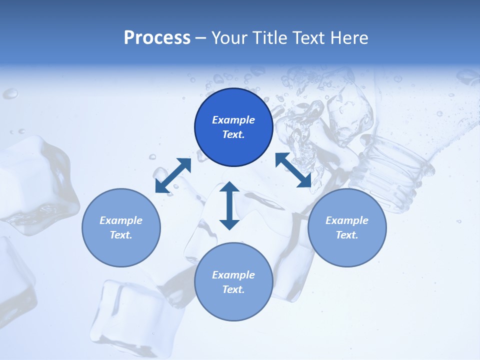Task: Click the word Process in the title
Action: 157,38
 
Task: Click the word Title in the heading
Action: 269,38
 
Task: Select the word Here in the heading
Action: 348,38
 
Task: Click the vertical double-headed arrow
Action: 229,205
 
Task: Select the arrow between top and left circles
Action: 173,175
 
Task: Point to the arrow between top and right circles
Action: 293,170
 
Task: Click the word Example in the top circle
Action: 233,120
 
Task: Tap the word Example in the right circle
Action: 347,220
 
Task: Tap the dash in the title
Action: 201,38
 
